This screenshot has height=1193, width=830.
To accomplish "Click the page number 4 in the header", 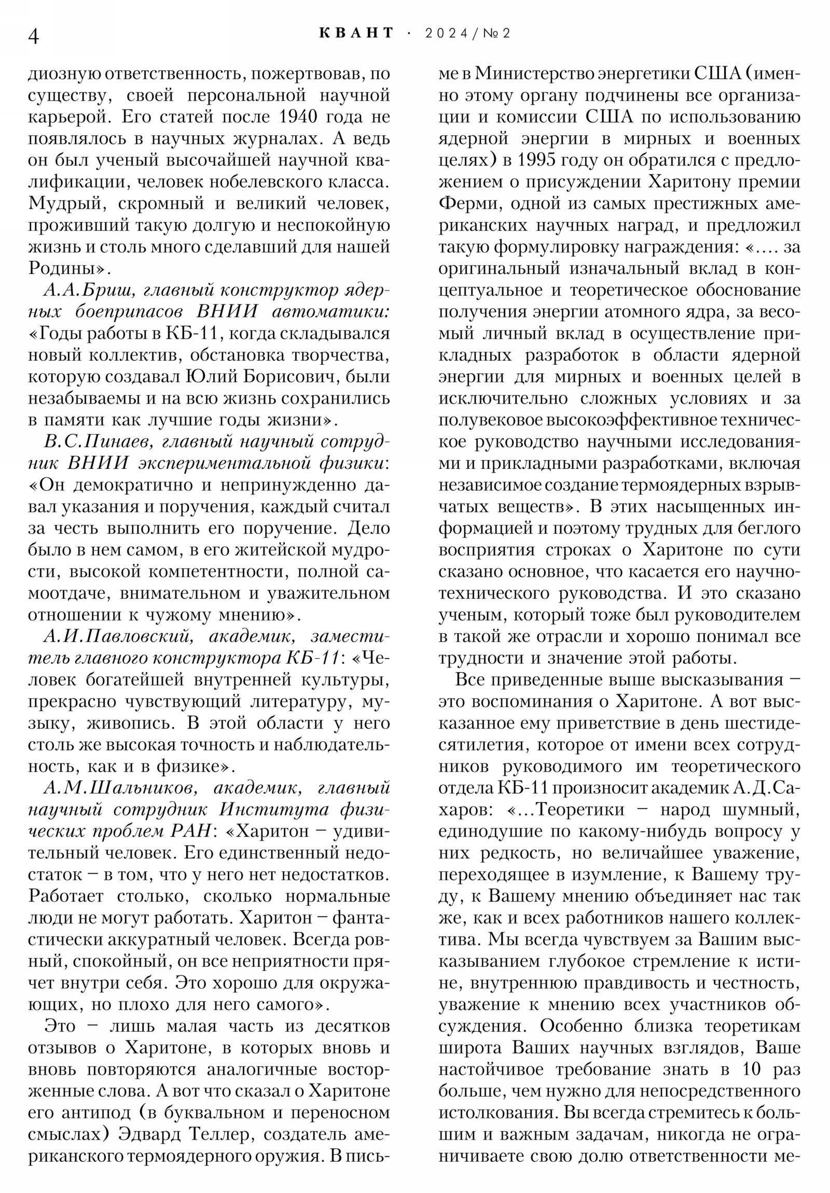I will pyautogui.click(x=34, y=36).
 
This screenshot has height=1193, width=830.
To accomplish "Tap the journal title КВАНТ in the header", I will pyautogui.click(x=356, y=33).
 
